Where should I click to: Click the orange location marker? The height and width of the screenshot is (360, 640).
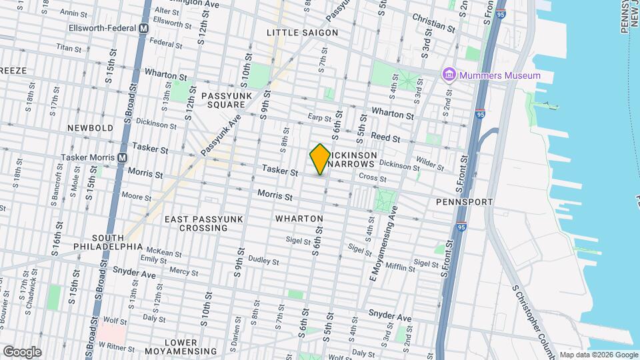320,159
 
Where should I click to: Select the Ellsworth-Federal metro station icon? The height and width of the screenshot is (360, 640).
143,29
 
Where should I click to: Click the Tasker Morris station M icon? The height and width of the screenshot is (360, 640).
122,158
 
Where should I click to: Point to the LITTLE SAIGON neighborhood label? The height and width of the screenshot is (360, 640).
302,33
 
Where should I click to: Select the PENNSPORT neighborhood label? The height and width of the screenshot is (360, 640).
464,201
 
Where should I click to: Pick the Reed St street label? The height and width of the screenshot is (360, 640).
385,137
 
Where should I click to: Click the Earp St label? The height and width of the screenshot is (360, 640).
320,119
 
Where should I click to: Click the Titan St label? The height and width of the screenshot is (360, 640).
69,48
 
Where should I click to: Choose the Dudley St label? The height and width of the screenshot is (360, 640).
259,259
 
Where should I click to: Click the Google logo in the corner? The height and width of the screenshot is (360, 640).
22,351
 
